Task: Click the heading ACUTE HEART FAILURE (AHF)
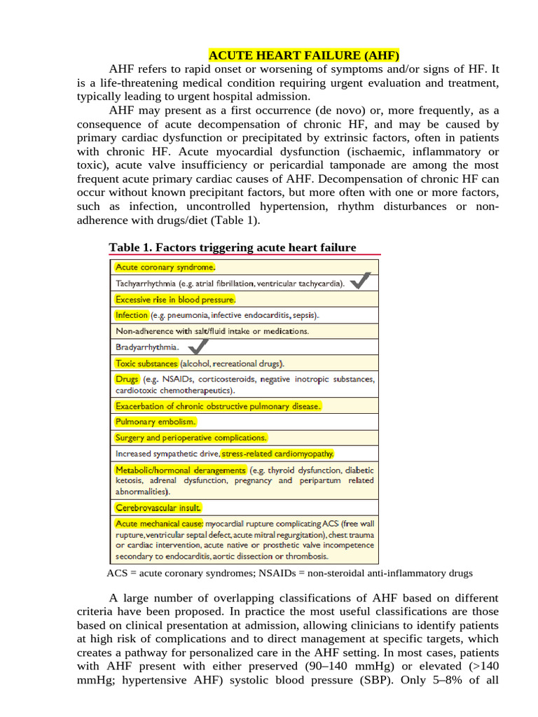point(304,55)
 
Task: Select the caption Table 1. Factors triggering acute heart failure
point(233,247)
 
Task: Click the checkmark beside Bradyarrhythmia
point(198,345)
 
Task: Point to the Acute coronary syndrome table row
point(165,267)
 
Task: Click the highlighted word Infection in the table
point(132,315)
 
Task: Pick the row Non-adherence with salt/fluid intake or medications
point(212,331)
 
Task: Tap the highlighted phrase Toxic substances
point(146,363)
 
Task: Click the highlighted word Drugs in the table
point(127,380)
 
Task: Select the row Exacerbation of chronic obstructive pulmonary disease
point(218,406)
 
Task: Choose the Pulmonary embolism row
point(156,422)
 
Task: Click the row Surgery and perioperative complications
point(191,438)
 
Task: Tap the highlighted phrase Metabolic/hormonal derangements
point(181,470)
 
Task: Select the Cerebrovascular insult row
point(158,508)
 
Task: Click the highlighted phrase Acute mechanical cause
point(159,524)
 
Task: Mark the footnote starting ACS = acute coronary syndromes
point(289,573)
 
